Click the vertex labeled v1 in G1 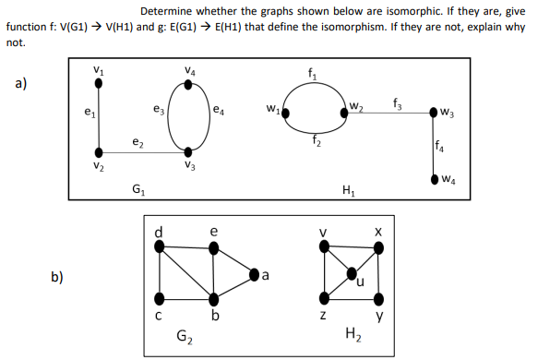(98, 83)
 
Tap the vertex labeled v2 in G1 (98, 151)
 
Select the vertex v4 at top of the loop (189, 83)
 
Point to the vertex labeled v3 (189, 151)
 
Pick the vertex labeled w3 (434, 114)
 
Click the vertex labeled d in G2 (160, 247)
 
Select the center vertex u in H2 (352, 272)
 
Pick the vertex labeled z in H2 (323, 298)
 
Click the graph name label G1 (137, 191)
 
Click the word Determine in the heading (169, 11)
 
